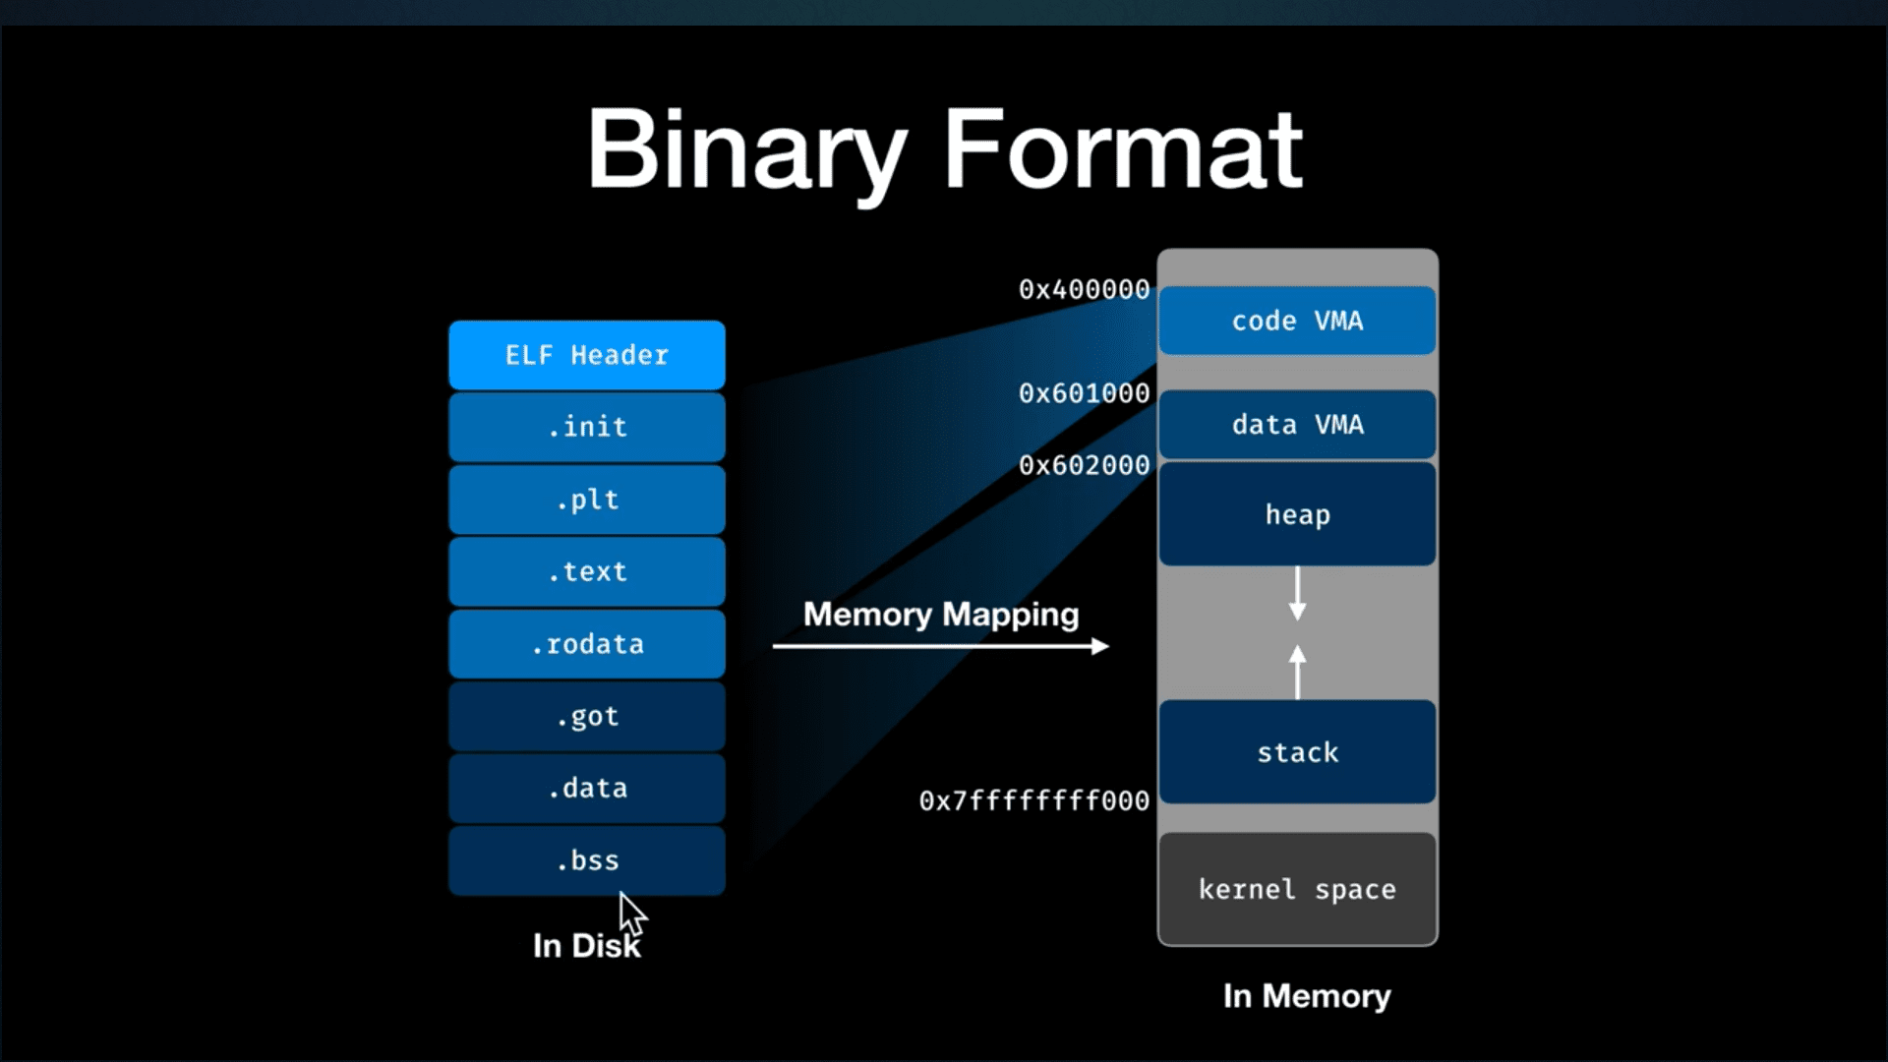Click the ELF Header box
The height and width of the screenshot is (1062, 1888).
587,355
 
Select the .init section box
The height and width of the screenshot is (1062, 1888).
587,427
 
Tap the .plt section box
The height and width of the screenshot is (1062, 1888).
587,500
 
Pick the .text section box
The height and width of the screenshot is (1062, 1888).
587,571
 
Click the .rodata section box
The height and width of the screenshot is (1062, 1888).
587,644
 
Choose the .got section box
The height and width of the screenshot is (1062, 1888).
587,716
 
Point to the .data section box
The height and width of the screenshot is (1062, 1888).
587,788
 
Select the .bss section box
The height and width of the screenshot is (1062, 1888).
587,860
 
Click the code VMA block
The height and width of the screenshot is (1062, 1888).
1297,321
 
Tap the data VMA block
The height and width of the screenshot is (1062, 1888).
1297,425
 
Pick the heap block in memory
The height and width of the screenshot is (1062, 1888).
1297,514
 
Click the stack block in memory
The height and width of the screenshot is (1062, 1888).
1297,752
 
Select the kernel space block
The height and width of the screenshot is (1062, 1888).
1297,889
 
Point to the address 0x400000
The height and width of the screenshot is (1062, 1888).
1084,290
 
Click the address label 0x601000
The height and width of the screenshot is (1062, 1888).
1084,393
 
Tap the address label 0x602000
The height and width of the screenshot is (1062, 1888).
1084,465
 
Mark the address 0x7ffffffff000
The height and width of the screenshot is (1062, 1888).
1033,801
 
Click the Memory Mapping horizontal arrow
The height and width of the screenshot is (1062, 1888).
940,646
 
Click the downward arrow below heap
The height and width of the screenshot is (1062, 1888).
1297,594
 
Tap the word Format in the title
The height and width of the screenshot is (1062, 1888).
1122,149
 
